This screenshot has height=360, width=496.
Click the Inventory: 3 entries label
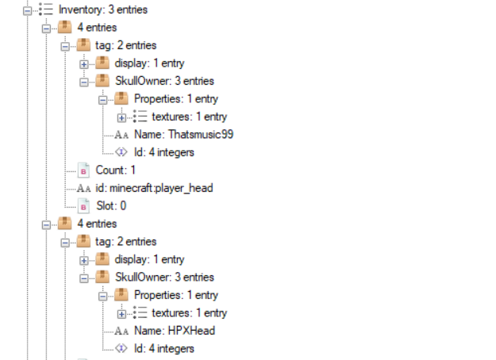coord(102,10)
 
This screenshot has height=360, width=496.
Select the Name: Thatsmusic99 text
coord(183,134)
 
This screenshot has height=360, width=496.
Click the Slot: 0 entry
coord(111,205)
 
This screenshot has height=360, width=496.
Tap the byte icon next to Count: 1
coord(84,170)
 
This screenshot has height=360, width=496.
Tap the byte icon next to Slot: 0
coord(84,205)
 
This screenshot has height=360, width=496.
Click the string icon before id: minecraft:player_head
coord(84,188)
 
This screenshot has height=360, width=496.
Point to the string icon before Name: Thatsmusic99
coord(122,135)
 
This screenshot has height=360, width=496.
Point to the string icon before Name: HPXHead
coord(122,331)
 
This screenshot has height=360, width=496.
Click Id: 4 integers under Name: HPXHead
coord(163,348)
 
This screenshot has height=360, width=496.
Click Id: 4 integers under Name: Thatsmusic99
coord(163,151)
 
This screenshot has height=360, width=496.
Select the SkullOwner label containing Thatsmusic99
coord(163,81)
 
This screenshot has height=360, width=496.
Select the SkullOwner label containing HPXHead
coord(163,277)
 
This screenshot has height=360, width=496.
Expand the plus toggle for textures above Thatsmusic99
coord(121,117)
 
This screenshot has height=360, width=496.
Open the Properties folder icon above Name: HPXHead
coord(121,295)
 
